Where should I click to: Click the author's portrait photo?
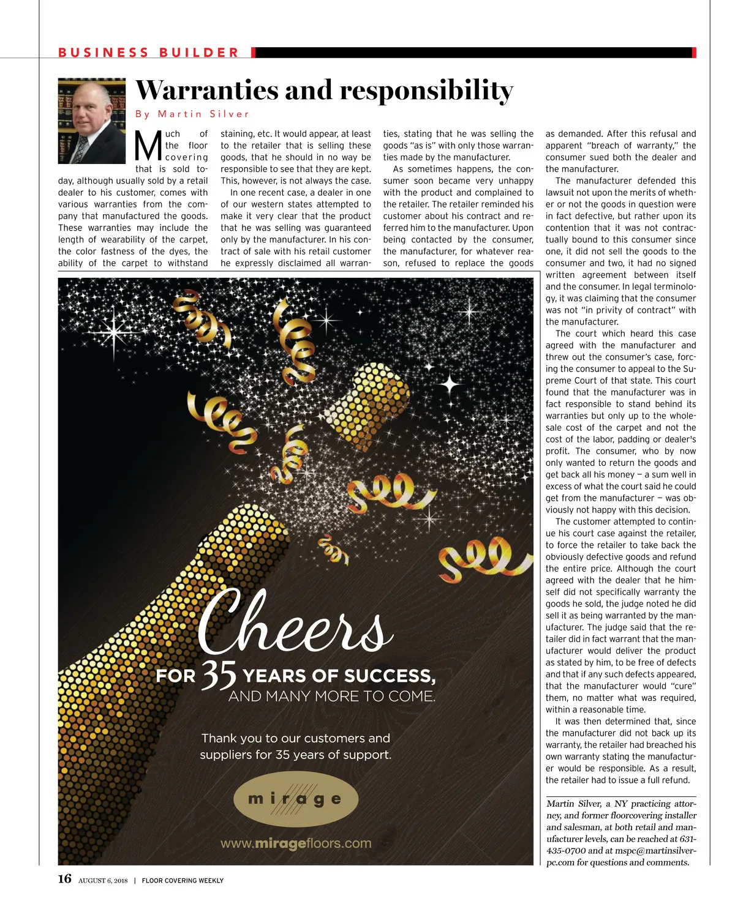[92, 121]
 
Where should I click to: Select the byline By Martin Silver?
[192, 114]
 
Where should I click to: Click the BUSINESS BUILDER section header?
[149, 53]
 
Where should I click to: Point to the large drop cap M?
[148, 146]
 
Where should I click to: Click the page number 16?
[65, 880]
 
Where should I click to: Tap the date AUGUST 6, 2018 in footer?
[103, 881]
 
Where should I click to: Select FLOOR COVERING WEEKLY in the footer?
[183, 881]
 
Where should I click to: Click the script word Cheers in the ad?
[294, 621]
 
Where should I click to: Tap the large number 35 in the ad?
[219, 674]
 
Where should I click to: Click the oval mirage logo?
[296, 799]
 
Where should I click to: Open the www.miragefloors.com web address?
[296, 843]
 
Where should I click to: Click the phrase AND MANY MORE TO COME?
[331, 697]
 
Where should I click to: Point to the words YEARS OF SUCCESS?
[339, 676]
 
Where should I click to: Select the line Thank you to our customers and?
[296, 738]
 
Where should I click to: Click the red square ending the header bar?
[694, 53]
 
